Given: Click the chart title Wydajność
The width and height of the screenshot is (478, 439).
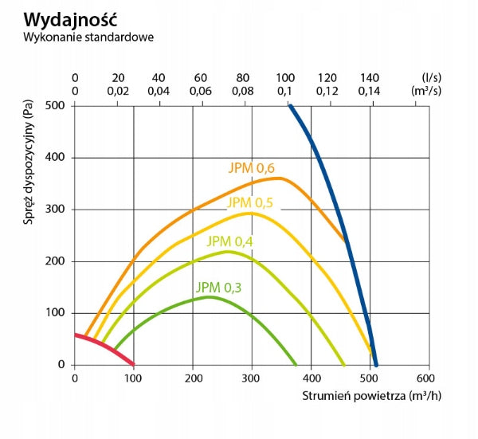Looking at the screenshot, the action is tap(70, 20).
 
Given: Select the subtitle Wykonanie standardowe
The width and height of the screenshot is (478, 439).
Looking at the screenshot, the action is tap(88, 37).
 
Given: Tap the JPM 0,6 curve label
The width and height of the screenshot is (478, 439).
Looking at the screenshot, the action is tap(252, 168).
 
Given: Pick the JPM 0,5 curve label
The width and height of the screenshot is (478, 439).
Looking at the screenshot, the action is tap(250, 203).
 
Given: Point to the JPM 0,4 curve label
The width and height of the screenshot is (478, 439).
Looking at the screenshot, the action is tap(230, 241).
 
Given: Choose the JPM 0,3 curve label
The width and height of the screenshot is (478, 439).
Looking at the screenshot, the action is tap(218, 288).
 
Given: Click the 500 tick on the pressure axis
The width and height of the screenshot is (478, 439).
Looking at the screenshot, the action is tap(55, 106).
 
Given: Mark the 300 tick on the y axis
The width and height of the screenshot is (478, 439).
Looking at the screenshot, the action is tap(55, 209).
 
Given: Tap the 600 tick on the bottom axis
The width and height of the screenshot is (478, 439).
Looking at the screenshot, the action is tap(425, 378).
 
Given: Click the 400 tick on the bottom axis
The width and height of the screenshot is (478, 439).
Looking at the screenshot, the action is tap(311, 378).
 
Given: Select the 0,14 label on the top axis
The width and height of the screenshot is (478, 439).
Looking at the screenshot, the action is tap(369, 91).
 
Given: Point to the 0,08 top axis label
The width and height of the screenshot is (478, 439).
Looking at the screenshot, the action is tap(243, 91).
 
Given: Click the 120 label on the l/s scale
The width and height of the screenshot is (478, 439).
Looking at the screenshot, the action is tap(327, 78).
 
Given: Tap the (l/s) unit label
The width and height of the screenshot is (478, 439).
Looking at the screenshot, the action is tap(431, 78).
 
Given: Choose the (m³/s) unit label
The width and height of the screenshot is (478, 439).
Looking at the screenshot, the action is tap(426, 91).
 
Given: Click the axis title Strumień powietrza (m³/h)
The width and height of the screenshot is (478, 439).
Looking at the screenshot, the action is tap(371, 396).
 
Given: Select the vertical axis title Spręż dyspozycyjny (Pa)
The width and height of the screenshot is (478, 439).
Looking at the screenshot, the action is tap(28, 163).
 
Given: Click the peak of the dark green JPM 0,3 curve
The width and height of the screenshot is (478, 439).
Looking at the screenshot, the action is tap(209, 297).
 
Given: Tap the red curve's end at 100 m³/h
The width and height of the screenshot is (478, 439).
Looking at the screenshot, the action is tap(133, 364).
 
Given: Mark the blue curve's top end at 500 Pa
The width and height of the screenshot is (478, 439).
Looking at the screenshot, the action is tap(290, 106).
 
